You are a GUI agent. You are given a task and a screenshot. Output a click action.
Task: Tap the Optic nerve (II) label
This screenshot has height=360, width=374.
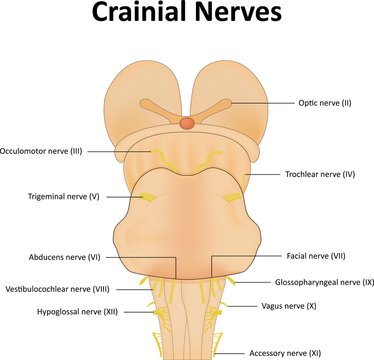point(326,103)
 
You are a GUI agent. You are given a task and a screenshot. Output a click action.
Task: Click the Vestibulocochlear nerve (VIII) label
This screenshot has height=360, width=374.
point(56,288)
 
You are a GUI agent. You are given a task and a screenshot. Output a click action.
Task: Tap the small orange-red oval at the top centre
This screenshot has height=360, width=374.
point(186,123)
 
